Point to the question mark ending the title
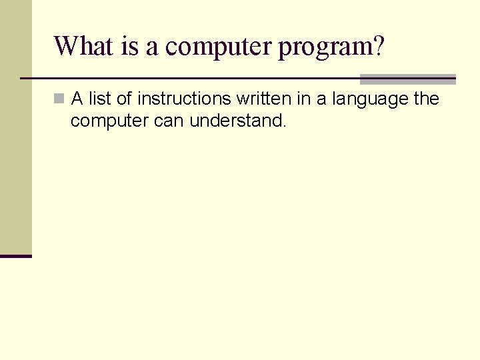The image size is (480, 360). [x=378, y=47]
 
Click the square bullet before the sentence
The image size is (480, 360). [x=59, y=99]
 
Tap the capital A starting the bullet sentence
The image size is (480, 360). [x=77, y=99]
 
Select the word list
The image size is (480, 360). [x=99, y=99]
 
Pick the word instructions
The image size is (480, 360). [x=183, y=99]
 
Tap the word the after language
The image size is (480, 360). [x=427, y=99]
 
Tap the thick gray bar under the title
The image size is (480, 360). [x=408, y=79]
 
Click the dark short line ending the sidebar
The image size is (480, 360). [x=16, y=256]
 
